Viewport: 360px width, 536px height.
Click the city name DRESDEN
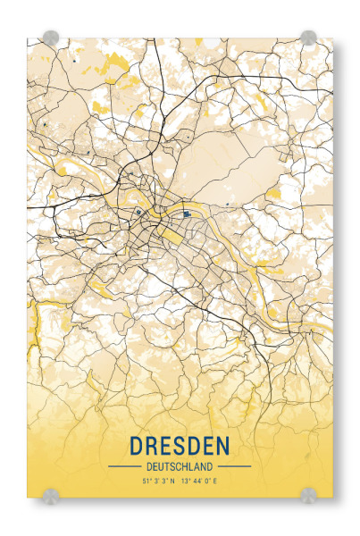click(x=179, y=445)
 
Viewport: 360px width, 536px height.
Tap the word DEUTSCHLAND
click(x=179, y=465)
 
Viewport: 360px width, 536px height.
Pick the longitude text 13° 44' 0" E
click(x=200, y=482)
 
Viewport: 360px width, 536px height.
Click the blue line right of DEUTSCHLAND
click(x=235, y=466)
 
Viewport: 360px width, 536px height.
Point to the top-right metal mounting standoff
click(x=308, y=38)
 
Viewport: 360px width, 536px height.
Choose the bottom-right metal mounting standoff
click(x=308, y=493)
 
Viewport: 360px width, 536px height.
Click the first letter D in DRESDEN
click(x=137, y=445)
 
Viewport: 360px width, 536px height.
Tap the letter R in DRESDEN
click(x=152, y=445)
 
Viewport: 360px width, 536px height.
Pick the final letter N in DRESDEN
click(x=222, y=445)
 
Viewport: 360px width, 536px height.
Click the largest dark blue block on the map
click(x=186, y=214)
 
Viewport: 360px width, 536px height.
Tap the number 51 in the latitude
click(x=145, y=482)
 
